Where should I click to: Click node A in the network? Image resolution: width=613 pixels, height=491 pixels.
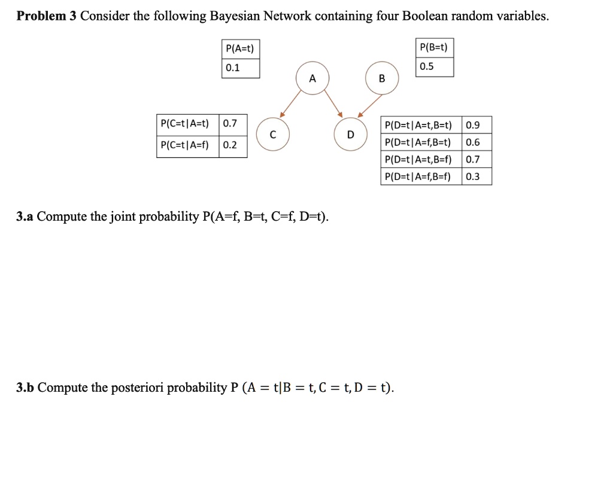[312, 78]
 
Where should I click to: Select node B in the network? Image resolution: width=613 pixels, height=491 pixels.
[382, 78]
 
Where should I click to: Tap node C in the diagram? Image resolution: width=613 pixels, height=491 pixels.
[273, 135]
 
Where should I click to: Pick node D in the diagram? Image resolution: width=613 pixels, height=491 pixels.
[351, 135]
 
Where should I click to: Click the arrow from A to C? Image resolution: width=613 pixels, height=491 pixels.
[290, 104]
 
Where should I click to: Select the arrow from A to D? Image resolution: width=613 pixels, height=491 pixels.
[333, 103]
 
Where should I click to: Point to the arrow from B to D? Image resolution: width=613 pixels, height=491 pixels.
[370, 105]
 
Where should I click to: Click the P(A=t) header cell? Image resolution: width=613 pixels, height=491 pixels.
[240, 49]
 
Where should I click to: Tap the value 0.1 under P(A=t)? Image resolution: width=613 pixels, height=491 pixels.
[233, 68]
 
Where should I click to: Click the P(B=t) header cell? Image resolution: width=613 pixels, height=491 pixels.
[434, 48]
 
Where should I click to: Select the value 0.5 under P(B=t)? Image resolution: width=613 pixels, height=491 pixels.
[426, 66]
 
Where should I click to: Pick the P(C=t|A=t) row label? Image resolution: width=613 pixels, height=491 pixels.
[184, 123]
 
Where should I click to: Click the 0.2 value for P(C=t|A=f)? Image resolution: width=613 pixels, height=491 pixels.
[230, 145]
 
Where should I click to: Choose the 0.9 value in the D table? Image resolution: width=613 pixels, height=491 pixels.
[473, 126]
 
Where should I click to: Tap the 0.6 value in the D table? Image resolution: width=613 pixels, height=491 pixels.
[473, 142]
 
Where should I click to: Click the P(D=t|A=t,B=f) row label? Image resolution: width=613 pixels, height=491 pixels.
[418, 159]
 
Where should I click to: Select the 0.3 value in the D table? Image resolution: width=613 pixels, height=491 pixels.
[473, 176]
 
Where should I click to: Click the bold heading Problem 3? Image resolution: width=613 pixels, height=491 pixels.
[47, 16]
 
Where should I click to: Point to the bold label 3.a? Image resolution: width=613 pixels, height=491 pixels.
[25, 216]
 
